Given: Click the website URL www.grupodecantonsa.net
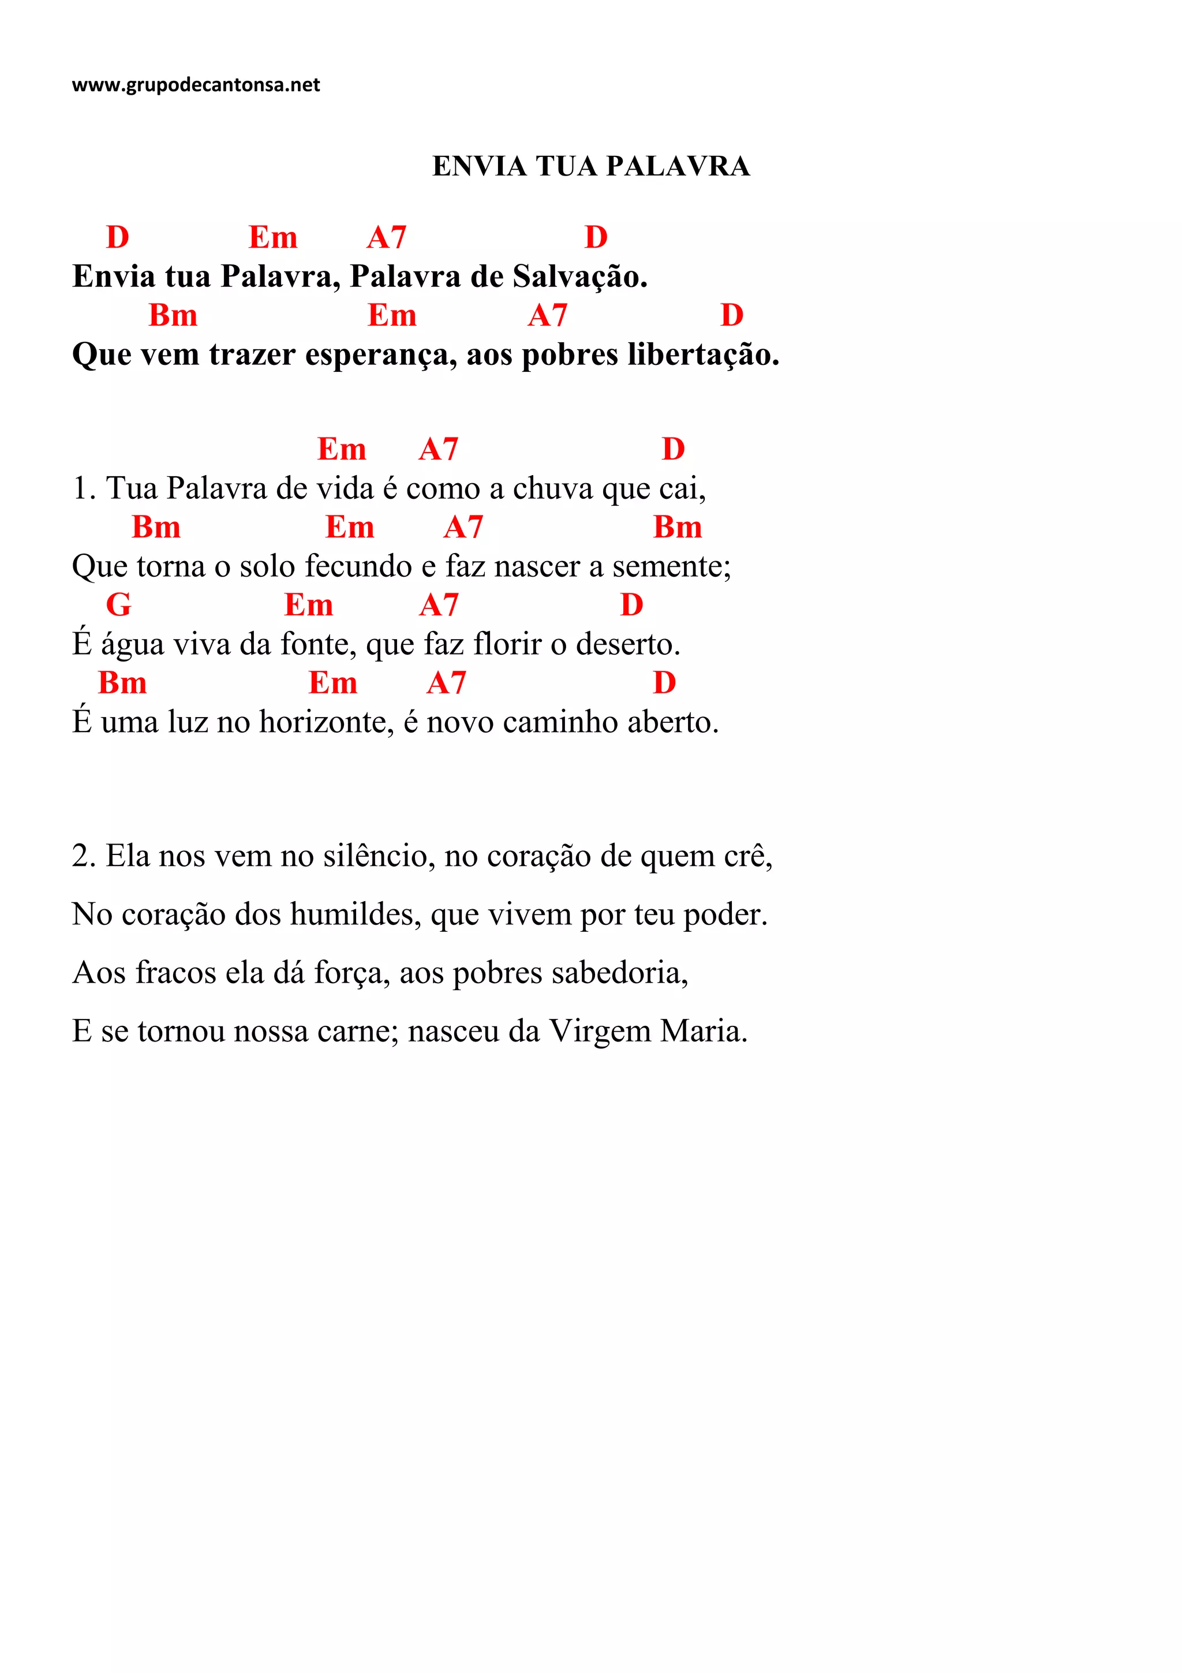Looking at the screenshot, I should (x=195, y=85).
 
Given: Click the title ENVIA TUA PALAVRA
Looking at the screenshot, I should (x=590, y=166).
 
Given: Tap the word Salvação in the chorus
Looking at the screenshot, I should (x=579, y=277).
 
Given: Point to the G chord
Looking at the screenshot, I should (x=119, y=605).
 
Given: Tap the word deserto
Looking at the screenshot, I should (x=628, y=644).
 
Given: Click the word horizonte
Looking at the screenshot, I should (x=326, y=722).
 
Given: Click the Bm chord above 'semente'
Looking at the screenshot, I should (x=678, y=527).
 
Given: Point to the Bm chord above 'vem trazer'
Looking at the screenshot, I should (x=173, y=316).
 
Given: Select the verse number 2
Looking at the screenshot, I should (x=83, y=856).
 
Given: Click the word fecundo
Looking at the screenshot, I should (x=348, y=566).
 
